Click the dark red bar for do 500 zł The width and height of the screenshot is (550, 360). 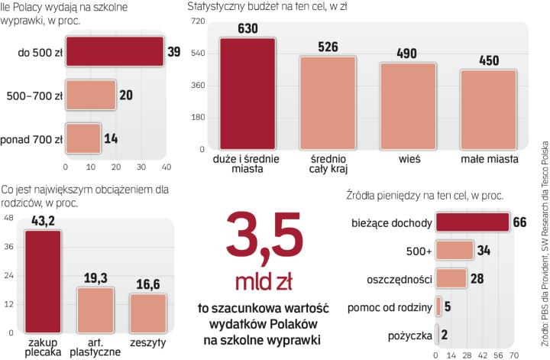114,52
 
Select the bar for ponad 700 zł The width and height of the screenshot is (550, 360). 83,139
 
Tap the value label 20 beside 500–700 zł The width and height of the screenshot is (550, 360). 125,96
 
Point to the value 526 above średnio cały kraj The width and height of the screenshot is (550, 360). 328,47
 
